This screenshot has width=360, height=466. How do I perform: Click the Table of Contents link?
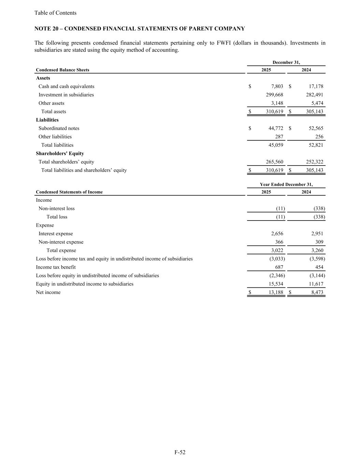[x=55, y=13]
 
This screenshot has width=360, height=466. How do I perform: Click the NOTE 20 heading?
[x=140, y=29]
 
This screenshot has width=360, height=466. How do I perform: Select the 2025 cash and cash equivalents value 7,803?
[x=277, y=86]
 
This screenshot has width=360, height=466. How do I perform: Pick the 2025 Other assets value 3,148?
[x=277, y=103]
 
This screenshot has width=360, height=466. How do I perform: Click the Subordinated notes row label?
[x=59, y=128]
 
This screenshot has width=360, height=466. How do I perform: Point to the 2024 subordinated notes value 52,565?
[x=316, y=128]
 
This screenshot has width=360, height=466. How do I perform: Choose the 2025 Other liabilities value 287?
[x=279, y=137]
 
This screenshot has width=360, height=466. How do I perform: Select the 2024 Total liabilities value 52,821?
[x=316, y=145]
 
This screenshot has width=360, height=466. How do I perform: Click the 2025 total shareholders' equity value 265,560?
[x=274, y=162]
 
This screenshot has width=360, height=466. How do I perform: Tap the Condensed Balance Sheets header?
[x=62, y=70]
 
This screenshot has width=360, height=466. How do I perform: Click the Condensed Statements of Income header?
[x=69, y=192]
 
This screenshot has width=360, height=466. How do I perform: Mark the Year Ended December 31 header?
[x=286, y=184]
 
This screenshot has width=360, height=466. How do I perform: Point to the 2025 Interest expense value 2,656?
[x=277, y=234]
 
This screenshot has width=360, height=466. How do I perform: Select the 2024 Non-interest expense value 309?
[x=319, y=242]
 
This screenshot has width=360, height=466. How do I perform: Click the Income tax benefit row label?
[x=56, y=267]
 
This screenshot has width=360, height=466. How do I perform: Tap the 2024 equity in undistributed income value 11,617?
[x=316, y=284]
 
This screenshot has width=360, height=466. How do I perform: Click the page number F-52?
[x=180, y=452]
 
